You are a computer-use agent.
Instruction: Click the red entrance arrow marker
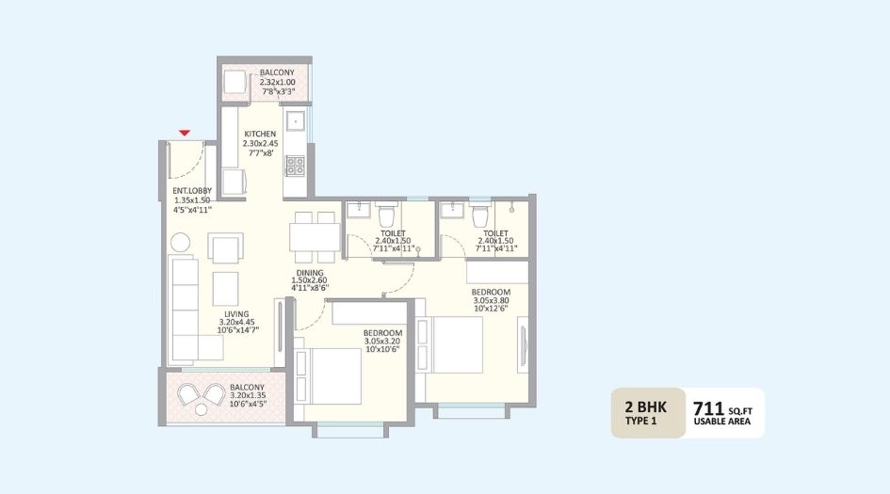pos(185,133)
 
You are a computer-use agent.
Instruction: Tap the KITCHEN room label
pos(260,135)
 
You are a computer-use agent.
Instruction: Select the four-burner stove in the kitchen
pos(296,166)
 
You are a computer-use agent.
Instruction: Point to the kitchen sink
pos(296,120)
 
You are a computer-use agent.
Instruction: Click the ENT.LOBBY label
pos(191,191)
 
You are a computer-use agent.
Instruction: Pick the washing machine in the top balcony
pos(235,83)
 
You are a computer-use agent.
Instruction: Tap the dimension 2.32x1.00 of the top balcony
pos(277,82)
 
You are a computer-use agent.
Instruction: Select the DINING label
pos(310,274)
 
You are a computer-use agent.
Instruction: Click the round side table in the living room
pos(180,241)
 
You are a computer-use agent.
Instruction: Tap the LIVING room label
pos(236,315)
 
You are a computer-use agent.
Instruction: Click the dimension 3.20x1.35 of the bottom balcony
pos(248,396)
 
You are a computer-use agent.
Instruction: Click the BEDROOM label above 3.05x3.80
pos(491,292)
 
